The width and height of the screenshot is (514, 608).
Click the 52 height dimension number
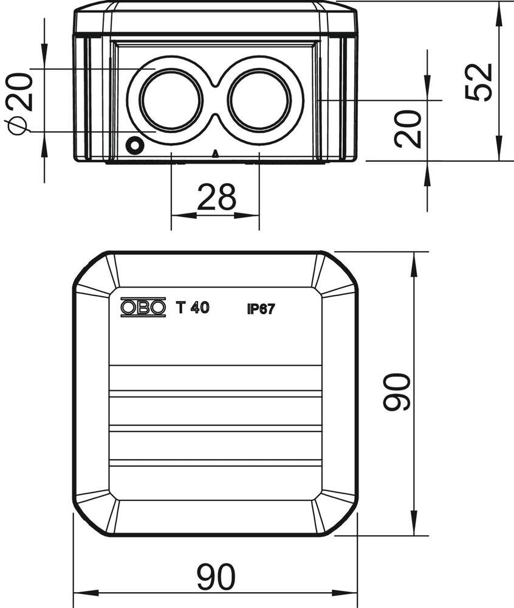(478, 82)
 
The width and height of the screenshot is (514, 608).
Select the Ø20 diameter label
(18, 101)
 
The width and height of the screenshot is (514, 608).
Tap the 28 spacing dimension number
(216, 198)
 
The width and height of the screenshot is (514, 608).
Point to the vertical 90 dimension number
(397, 393)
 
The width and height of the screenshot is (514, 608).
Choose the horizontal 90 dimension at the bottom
(216, 577)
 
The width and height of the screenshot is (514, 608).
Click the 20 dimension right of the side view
(408, 129)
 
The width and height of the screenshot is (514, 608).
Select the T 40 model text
(193, 308)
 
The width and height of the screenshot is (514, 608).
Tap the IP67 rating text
(261, 309)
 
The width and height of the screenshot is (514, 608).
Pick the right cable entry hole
(260, 100)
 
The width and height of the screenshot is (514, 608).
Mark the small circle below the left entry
(134, 146)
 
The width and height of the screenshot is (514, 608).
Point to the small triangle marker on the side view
(215, 154)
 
